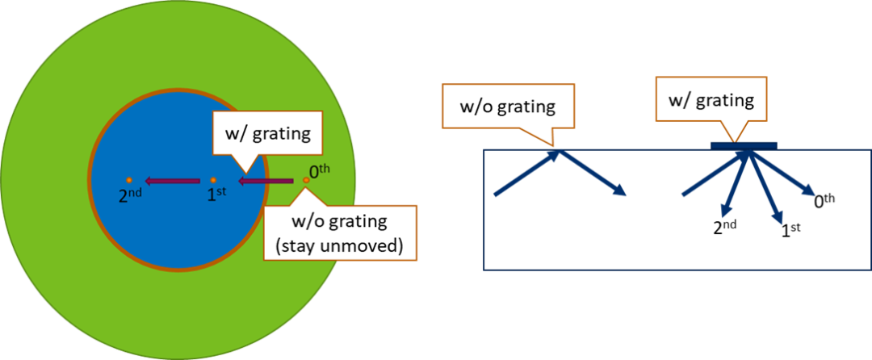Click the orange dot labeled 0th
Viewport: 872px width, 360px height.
point(306,180)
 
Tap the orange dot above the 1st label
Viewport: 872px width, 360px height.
point(212,180)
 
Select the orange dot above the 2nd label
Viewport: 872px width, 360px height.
point(129,180)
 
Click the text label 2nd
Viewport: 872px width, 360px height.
point(130,195)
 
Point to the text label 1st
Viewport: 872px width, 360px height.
point(216,195)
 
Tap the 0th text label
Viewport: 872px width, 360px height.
point(320,171)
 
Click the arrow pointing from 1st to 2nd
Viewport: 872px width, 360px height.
point(172,180)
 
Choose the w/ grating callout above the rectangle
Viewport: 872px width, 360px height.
point(710,101)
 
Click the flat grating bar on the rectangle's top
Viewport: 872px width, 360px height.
point(744,145)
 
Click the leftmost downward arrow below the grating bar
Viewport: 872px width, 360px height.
point(734,184)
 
